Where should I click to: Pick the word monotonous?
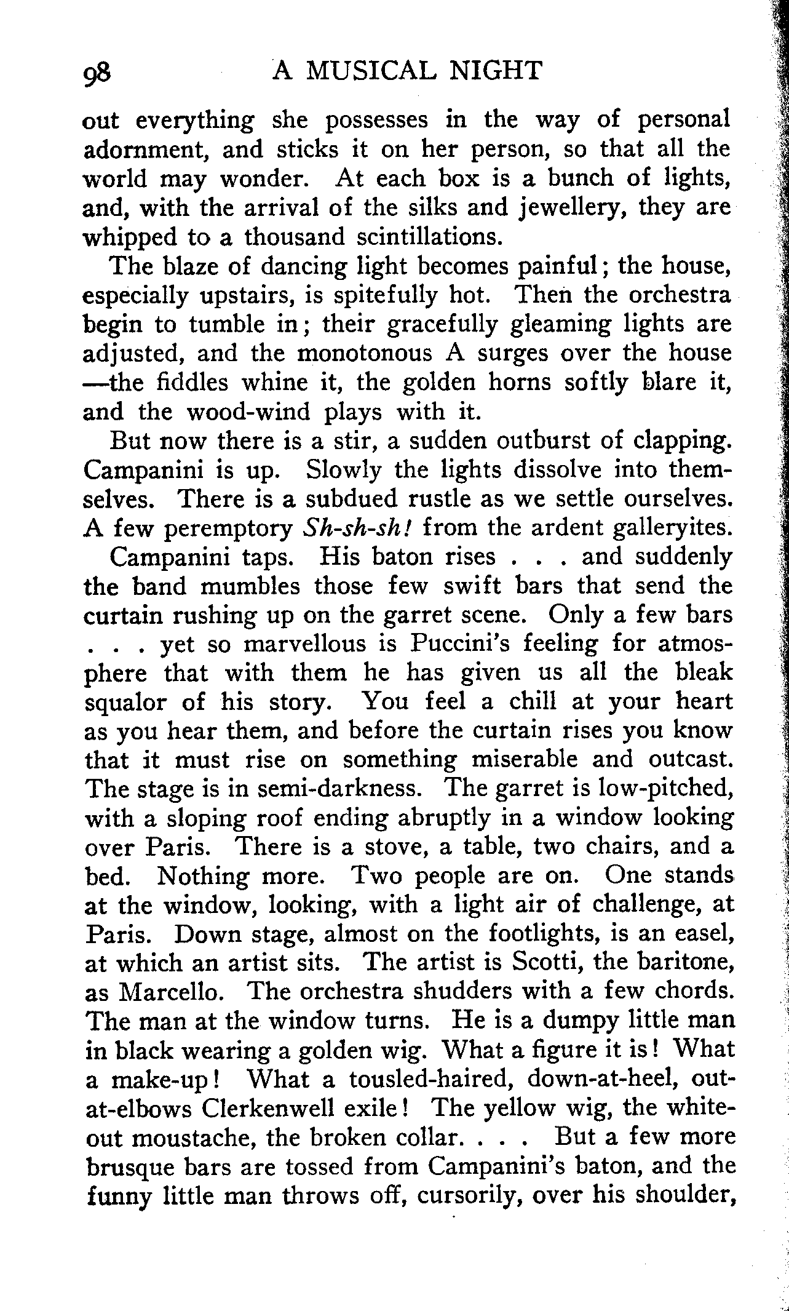[373, 354]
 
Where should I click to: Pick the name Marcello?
[177, 993]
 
